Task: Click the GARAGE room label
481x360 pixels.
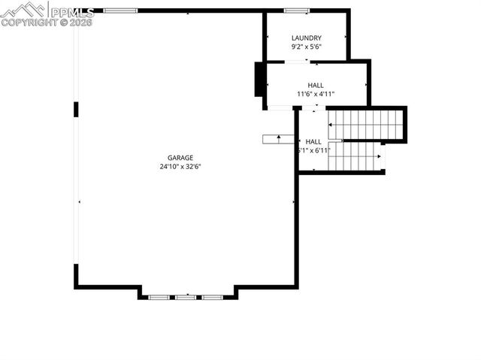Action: (x=180, y=158)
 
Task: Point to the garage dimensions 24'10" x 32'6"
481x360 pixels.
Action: (x=180, y=167)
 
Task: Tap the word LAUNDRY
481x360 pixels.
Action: (x=306, y=38)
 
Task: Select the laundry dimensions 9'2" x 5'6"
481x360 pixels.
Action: (x=306, y=47)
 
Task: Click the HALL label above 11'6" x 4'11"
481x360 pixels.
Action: (x=316, y=86)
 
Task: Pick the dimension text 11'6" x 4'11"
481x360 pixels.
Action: (x=316, y=95)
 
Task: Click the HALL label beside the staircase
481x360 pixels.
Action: (x=313, y=141)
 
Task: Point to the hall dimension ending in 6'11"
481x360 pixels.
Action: (x=314, y=151)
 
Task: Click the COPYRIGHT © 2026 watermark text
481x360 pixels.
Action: (x=47, y=23)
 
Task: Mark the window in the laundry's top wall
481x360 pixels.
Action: (x=297, y=11)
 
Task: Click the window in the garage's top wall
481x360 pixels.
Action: (x=120, y=11)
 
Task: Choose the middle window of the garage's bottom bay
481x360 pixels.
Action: (x=186, y=298)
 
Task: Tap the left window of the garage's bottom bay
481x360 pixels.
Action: (x=159, y=298)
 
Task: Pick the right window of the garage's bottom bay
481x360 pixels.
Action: (x=213, y=298)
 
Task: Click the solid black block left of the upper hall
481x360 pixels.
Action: (x=259, y=79)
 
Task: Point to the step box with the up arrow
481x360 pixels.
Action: (x=278, y=139)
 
